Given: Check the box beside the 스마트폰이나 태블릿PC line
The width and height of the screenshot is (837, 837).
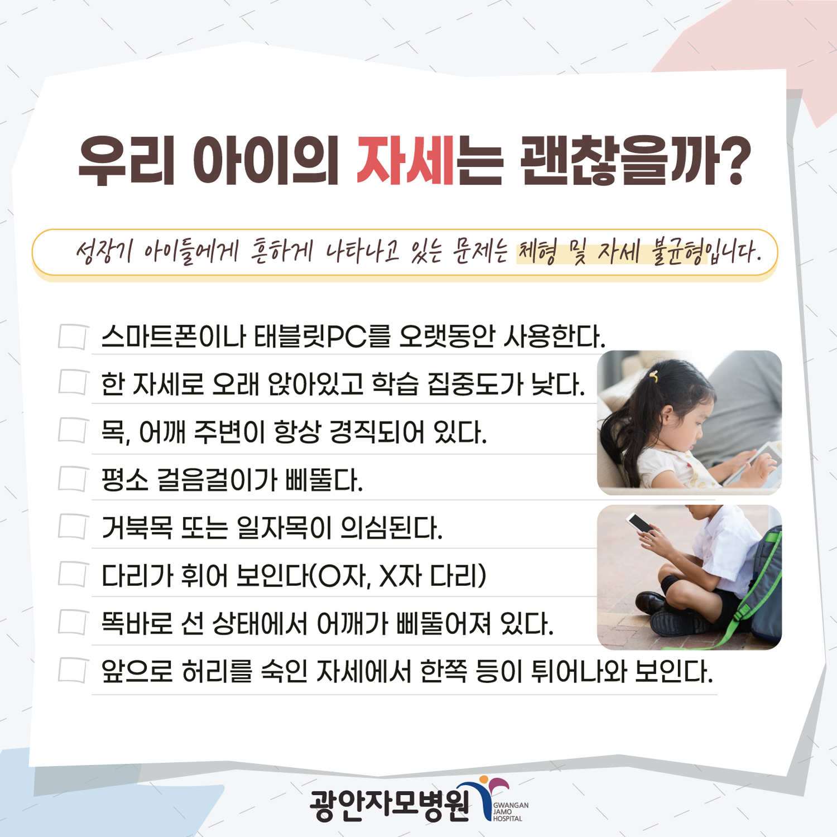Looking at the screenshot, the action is click(x=73, y=336).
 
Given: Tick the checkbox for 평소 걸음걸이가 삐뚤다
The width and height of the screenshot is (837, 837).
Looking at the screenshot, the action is click(x=73, y=479).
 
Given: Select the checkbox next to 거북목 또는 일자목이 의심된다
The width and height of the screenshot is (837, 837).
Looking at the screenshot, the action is click(x=73, y=527).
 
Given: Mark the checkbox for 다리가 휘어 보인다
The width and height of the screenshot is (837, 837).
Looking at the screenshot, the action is click(x=73, y=575).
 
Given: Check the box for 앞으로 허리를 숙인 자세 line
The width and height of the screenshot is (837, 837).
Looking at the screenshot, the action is click(x=73, y=670).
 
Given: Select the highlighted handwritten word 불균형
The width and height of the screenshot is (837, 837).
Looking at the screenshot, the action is click(x=677, y=252).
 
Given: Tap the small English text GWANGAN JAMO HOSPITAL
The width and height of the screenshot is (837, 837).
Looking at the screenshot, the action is click(x=511, y=812).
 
